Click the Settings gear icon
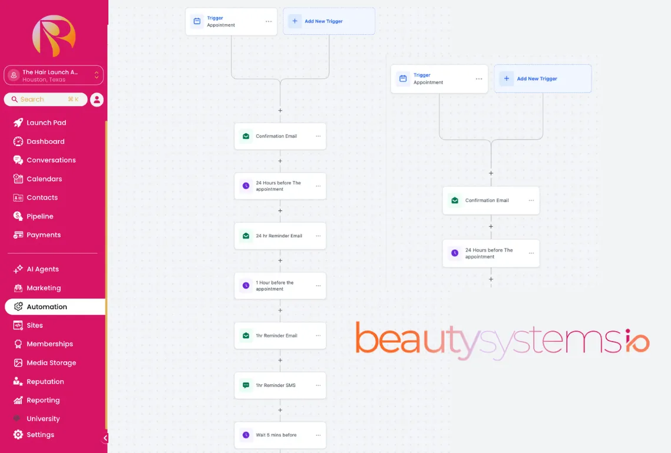pos(18,435)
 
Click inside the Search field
pos(45,99)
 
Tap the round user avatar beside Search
pos(97,100)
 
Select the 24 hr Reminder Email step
pos(280,236)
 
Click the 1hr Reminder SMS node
pos(280,385)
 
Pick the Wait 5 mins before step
pos(280,435)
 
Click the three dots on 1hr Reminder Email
pos(318,335)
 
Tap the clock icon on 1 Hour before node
pos(246,285)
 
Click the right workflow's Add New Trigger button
pos(543,79)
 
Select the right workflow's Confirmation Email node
pos(491,200)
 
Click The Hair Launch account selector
pos(54,75)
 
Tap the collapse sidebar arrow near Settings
pos(105,438)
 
